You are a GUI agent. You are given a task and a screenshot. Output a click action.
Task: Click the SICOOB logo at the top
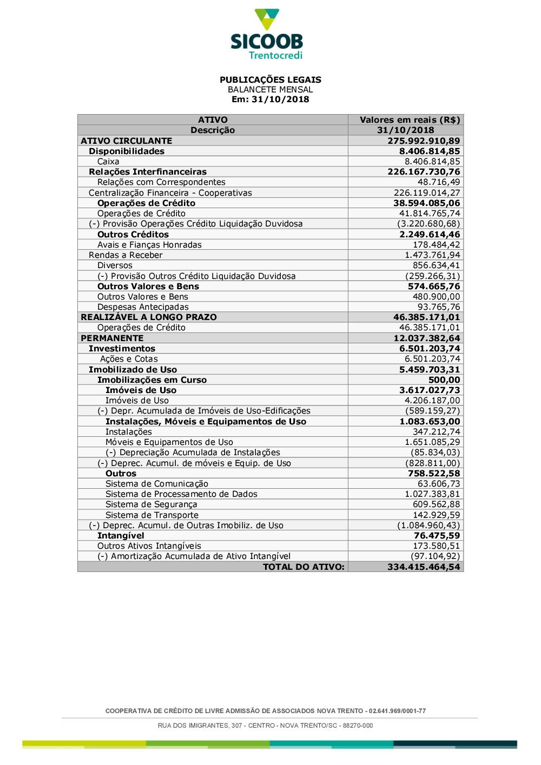pos(267,34)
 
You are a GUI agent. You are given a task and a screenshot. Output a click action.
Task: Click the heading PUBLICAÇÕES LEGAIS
pos(270,79)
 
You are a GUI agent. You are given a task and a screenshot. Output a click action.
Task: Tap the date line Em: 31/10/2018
pos(270,99)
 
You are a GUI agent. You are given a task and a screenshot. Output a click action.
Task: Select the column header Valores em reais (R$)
pos(410,120)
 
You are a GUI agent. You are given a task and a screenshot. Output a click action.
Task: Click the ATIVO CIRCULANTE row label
pos(126,141)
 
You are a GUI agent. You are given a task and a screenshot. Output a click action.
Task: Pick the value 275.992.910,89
pos(424,141)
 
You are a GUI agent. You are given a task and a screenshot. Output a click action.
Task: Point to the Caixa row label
pos(108,162)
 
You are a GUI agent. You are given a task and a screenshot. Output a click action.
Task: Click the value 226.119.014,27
pos(427,193)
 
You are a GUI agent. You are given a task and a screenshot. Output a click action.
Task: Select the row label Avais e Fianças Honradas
pos(149,245)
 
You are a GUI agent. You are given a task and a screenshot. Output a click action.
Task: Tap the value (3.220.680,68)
pos(428,224)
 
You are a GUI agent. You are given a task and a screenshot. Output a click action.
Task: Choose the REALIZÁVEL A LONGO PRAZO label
pos(149,317)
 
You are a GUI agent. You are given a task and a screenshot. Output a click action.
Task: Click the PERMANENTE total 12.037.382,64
pos(426,338)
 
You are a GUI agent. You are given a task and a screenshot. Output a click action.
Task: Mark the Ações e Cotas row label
pos(129,359)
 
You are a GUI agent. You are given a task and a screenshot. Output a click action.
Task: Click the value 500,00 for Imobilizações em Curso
pos(444,380)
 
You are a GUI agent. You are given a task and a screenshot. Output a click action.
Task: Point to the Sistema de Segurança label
pos(151,504)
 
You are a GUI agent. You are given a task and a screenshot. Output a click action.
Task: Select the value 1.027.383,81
pos(432,494)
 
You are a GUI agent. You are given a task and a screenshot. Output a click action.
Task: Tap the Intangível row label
pos(121,536)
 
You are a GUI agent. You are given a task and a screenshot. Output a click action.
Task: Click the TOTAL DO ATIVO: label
pos(304,567)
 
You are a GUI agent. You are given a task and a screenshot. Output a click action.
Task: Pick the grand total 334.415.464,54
pos(424,567)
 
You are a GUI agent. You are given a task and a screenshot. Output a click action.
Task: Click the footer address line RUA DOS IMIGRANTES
pos(265,726)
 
